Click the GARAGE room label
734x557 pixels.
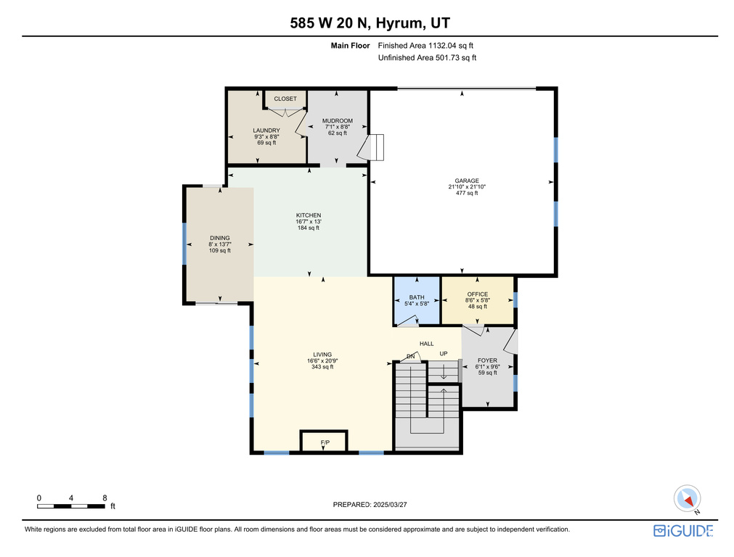point(467,181)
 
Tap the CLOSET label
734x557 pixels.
point(285,99)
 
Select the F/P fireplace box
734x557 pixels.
point(324,441)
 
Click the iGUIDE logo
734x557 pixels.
point(683,531)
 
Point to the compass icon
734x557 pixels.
point(688,498)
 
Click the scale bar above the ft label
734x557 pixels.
point(71,506)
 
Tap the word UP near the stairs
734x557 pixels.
point(444,353)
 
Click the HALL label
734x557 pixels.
point(426,344)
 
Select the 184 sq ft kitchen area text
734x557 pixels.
point(309,228)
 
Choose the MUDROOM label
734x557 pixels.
point(338,120)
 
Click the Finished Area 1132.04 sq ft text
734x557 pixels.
point(425,46)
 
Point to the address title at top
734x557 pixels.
point(370,23)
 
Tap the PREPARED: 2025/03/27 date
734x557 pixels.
point(370,505)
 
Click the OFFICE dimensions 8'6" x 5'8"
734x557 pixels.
point(478,300)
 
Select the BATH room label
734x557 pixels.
point(417,297)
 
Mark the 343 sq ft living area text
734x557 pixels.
point(322,367)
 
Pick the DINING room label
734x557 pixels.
point(219,238)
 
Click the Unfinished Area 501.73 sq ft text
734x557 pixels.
point(427,57)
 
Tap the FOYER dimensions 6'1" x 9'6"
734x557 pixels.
point(488,367)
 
